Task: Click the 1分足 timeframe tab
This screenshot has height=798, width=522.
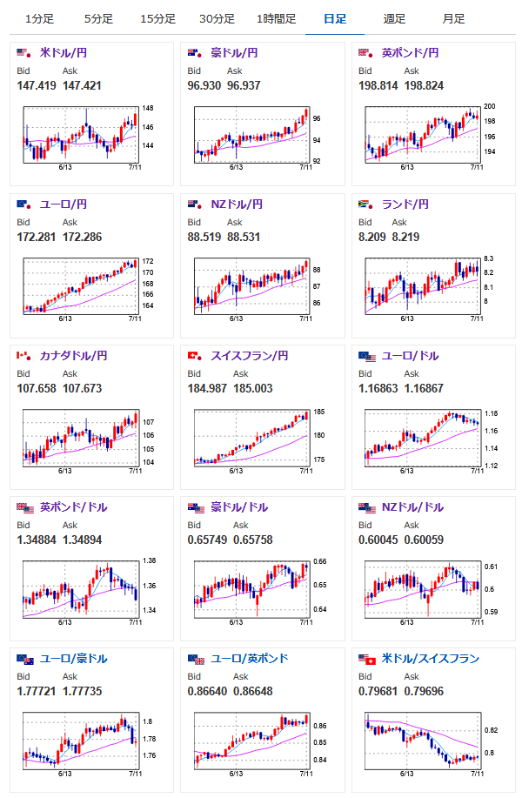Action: (x=39, y=18)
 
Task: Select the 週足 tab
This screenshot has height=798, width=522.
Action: (x=393, y=18)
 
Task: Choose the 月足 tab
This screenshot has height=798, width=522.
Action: (x=452, y=18)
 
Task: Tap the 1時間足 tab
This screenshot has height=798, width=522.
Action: (x=276, y=18)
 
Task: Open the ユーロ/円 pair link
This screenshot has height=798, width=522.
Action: (x=64, y=205)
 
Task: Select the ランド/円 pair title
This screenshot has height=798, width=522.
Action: (x=405, y=205)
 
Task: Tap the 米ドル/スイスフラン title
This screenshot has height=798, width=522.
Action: (x=430, y=659)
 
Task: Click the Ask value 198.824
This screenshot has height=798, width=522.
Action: (x=428, y=85)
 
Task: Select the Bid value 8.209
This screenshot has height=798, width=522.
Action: (x=371, y=237)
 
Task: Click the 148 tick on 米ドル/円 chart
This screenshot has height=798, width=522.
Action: (x=148, y=109)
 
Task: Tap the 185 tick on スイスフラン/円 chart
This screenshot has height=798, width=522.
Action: (x=318, y=412)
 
